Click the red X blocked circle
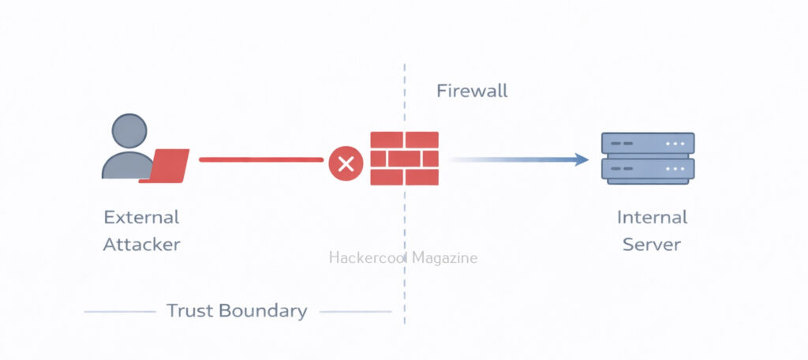pyautogui.click(x=346, y=164)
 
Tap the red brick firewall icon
pyautogui.click(x=404, y=158)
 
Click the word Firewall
pyautogui.click(x=472, y=91)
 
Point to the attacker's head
pyautogui.click(x=129, y=130)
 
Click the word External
pyautogui.click(x=142, y=217)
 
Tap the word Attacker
pyautogui.click(x=142, y=244)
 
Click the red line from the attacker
pyautogui.click(x=260, y=159)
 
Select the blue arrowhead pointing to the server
pyautogui.click(x=582, y=159)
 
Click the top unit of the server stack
pyautogui.click(x=647, y=144)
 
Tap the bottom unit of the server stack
pyautogui.click(x=647, y=170)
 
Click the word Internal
pyautogui.click(x=652, y=217)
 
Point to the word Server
pyautogui.click(x=652, y=244)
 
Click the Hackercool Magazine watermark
pyautogui.click(x=402, y=258)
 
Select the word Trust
pyautogui.click(x=189, y=310)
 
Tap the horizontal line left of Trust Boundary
pyautogui.click(x=120, y=312)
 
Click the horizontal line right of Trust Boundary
pyautogui.click(x=355, y=312)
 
